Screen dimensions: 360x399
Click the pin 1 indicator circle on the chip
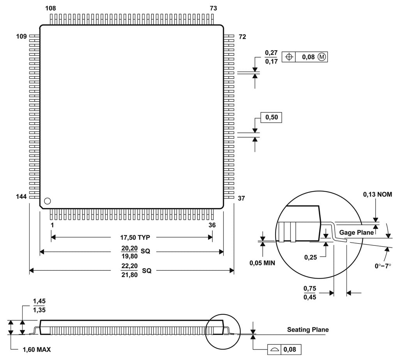[47, 201]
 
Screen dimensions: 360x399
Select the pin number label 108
[50, 8]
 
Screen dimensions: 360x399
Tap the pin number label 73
[214, 8]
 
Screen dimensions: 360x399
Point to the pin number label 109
[21, 37]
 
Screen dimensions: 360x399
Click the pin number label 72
[242, 37]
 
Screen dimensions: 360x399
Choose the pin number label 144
[21, 197]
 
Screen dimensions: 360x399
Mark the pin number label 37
[241, 198]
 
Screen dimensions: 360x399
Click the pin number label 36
[212, 225]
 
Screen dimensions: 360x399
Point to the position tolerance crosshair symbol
[289, 57]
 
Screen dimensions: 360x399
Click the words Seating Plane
[308, 330]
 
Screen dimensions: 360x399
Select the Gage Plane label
[357, 232]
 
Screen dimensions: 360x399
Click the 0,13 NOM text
[377, 194]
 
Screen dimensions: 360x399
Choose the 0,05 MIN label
[262, 263]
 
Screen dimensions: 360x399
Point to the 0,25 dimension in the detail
[310, 257]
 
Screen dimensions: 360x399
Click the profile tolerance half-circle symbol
[275, 349]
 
